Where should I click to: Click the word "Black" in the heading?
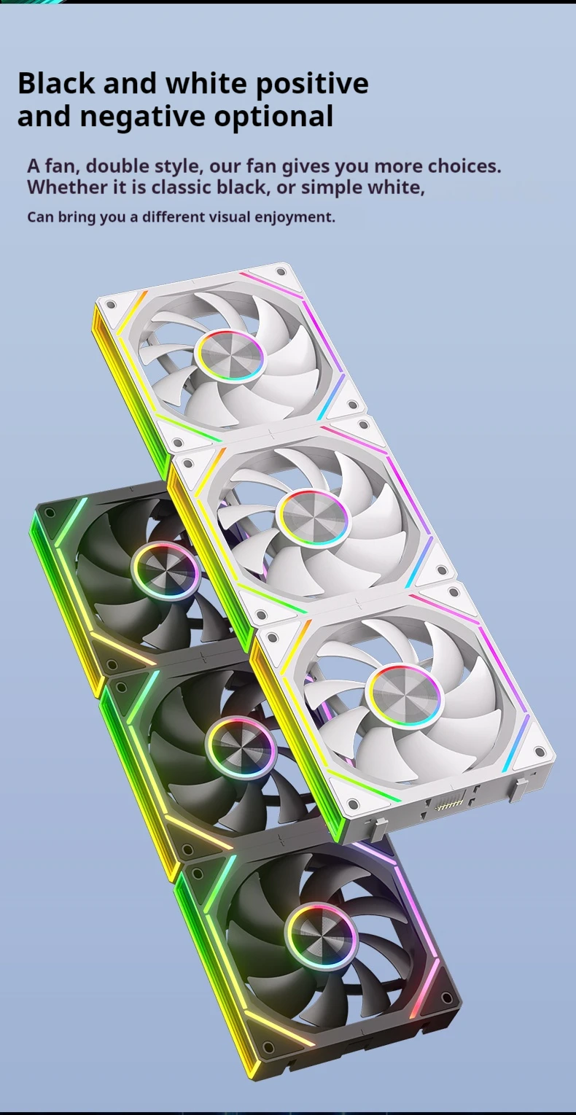[x=56, y=82]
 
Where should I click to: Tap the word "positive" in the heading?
[x=312, y=85]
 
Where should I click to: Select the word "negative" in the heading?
[x=143, y=117]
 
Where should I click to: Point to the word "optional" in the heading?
[x=274, y=117]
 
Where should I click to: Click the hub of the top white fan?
[x=231, y=355]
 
